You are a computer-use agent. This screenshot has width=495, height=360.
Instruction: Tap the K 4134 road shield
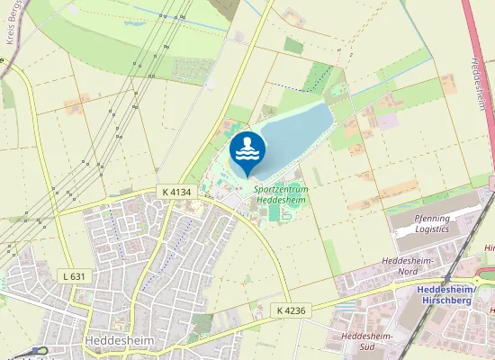pyautogui.click(x=178, y=192)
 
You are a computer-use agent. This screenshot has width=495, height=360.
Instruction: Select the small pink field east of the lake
pyautogui.click(x=388, y=121)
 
